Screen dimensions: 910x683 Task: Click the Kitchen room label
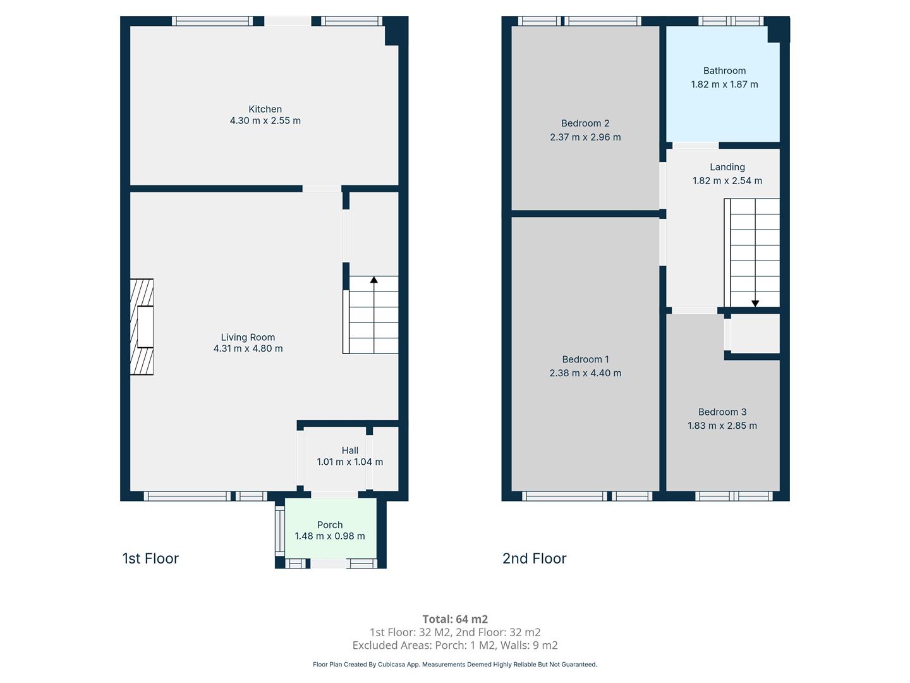coord(265,109)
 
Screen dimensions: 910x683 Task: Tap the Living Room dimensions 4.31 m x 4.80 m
coord(248,348)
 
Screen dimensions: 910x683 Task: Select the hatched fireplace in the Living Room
coord(142,327)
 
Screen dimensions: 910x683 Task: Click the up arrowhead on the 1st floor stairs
coord(374,280)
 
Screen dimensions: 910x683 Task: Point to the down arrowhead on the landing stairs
coord(755,304)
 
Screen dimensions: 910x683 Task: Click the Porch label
coord(330,525)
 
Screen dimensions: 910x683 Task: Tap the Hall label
coord(350,450)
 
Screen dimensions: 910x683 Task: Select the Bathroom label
coord(724,70)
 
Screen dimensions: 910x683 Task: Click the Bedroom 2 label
coord(585,123)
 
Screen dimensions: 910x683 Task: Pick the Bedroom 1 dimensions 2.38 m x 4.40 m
coord(585,373)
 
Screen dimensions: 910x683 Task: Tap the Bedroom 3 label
coord(722,412)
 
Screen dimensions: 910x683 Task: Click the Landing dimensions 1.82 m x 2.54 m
coord(727,180)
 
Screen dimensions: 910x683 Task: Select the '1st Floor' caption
coord(150,558)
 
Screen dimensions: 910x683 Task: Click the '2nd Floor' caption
coord(535,558)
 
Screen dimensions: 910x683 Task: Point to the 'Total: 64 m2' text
coord(455,619)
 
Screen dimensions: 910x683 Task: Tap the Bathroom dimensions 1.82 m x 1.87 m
coord(724,84)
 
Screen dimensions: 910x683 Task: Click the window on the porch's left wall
coord(280,531)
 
